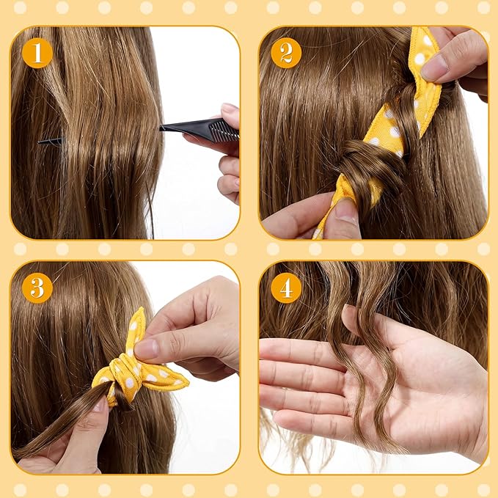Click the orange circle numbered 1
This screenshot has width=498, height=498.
[37, 53]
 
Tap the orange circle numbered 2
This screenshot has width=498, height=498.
[286, 53]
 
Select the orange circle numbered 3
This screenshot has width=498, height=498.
[37, 288]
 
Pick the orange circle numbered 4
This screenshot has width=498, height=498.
[286, 288]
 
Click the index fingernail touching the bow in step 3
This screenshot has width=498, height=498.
[145, 348]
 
